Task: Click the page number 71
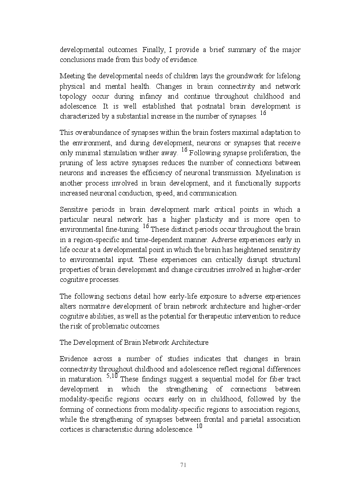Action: point(183,465)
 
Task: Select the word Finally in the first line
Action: point(154,50)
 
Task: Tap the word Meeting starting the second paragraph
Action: point(73,76)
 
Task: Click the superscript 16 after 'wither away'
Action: point(184,150)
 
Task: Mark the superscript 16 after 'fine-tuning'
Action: point(146,226)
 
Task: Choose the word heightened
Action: point(252,250)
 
